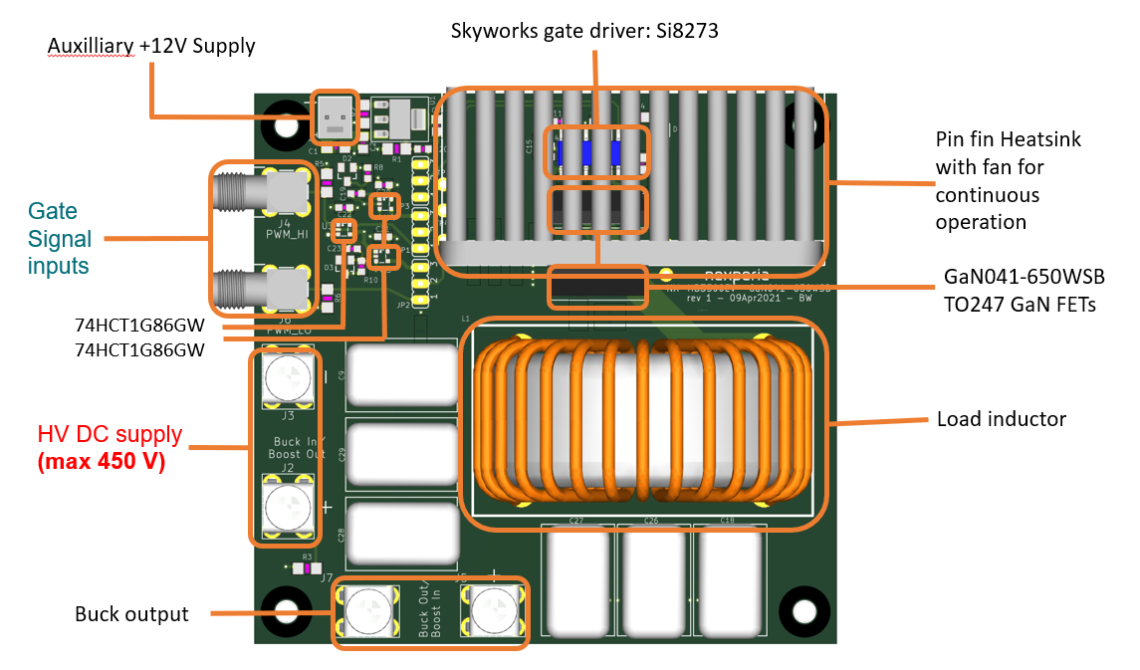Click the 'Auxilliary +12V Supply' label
(151, 46)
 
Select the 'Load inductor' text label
(1001, 419)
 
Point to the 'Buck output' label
(131, 614)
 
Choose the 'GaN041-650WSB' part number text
(1023, 276)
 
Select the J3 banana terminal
(289, 376)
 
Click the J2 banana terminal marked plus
(289, 508)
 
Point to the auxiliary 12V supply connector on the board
(337, 117)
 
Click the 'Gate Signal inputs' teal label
(60, 239)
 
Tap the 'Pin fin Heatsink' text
(1008, 139)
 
